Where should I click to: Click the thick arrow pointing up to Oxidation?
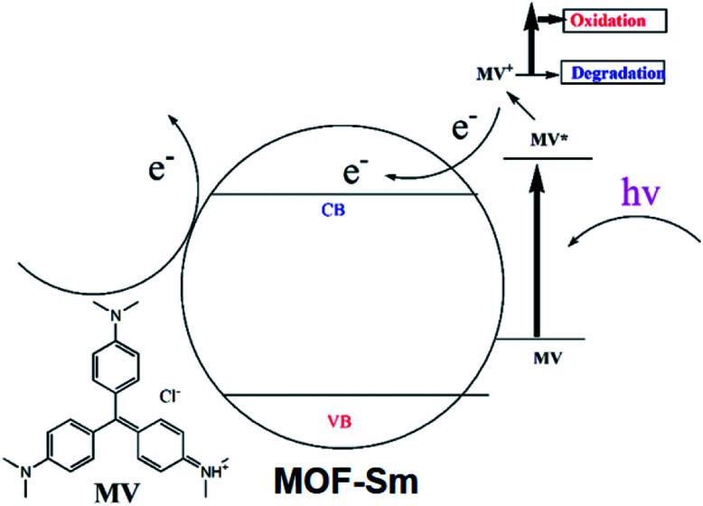[x=530, y=41]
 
